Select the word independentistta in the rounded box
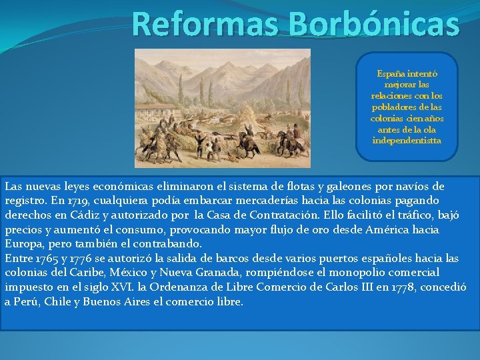407,141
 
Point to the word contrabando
168,243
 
